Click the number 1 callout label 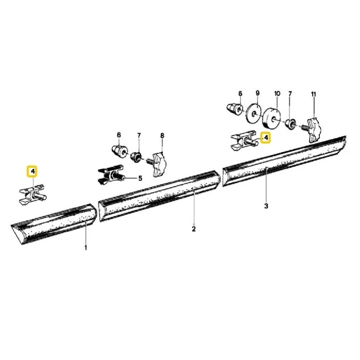click(x=86, y=248)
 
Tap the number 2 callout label click(x=193, y=229)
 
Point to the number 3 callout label click(x=266, y=207)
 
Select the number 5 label click(x=139, y=178)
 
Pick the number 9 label click(x=257, y=94)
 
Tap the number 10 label click(x=277, y=94)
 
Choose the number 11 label click(x=314, y=94)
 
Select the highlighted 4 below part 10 click(x=265, y=138)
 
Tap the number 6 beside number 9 click(x=240, y=94)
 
